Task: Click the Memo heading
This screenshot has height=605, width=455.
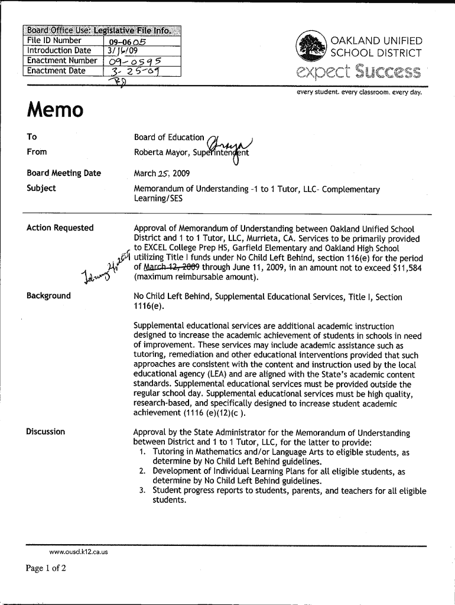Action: pos(55,110)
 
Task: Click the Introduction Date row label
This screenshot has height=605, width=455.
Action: pos(59,51)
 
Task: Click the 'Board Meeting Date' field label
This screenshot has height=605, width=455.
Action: pos(64,173)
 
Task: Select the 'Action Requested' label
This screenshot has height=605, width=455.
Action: pos(60,228)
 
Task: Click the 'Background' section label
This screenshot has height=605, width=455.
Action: pos(48,295)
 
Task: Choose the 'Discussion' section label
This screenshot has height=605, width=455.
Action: pos(45,431)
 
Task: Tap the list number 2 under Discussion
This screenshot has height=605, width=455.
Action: pos(143,471)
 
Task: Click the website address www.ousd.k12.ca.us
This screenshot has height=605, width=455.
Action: pos(79,552)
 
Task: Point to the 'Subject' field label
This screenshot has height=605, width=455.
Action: pos(41,188)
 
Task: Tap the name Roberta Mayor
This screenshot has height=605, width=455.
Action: pos(161,152)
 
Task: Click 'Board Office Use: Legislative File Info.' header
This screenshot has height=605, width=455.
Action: pos(102,31)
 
